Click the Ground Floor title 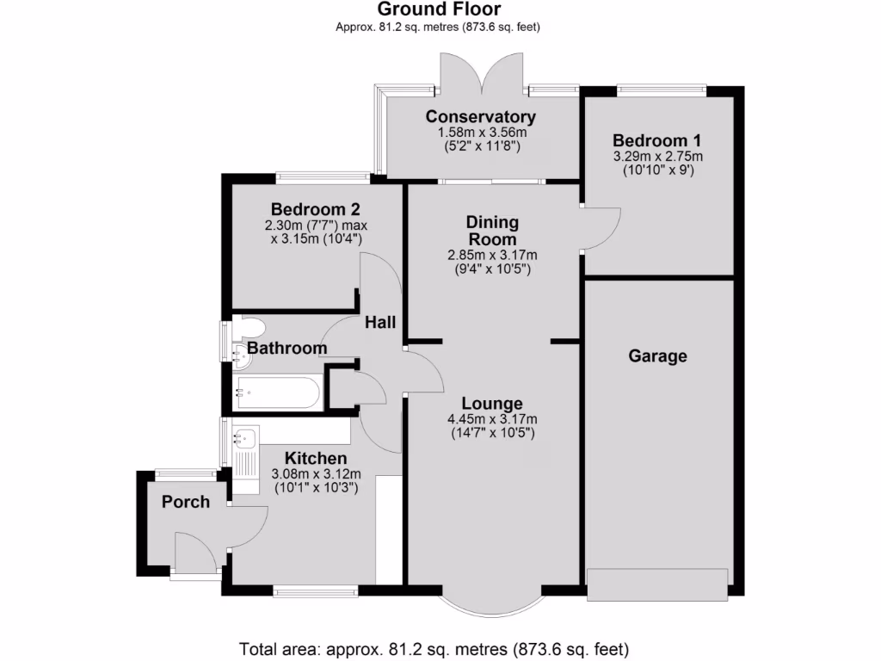439,9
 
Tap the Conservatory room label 481,117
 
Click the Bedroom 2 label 315,209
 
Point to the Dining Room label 492,231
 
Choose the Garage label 658,355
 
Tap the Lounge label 491,403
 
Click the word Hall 380,322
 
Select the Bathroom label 286,349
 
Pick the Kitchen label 316,458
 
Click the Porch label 186,502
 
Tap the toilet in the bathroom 250,328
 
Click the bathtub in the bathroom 277,394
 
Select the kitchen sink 243,439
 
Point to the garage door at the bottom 657,584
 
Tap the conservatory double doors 482,73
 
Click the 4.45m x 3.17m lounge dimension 491,419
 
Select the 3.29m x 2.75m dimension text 657,157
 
